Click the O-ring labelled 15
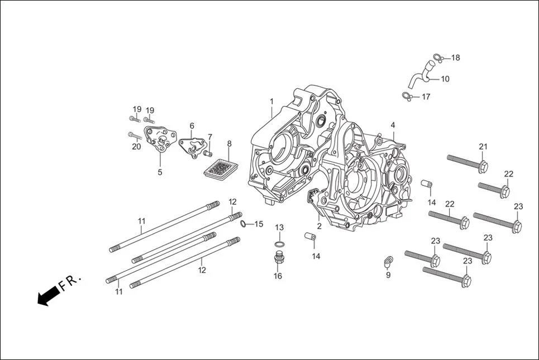click(x=244, y=224)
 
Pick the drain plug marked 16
click(x=278, y=260)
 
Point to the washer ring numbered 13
click(x=279, y=244)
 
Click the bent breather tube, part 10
click(x=419, y=76)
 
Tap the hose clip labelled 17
click(x=407, y=97)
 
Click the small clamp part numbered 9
click(x=388, y=260)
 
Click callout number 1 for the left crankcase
click(x=271, y=102)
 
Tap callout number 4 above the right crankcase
click(x=393, y=124)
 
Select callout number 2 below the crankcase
click(x=319, y=226)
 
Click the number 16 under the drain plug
click(x=278, y=276)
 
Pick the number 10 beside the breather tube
click(x=445, y=79)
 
